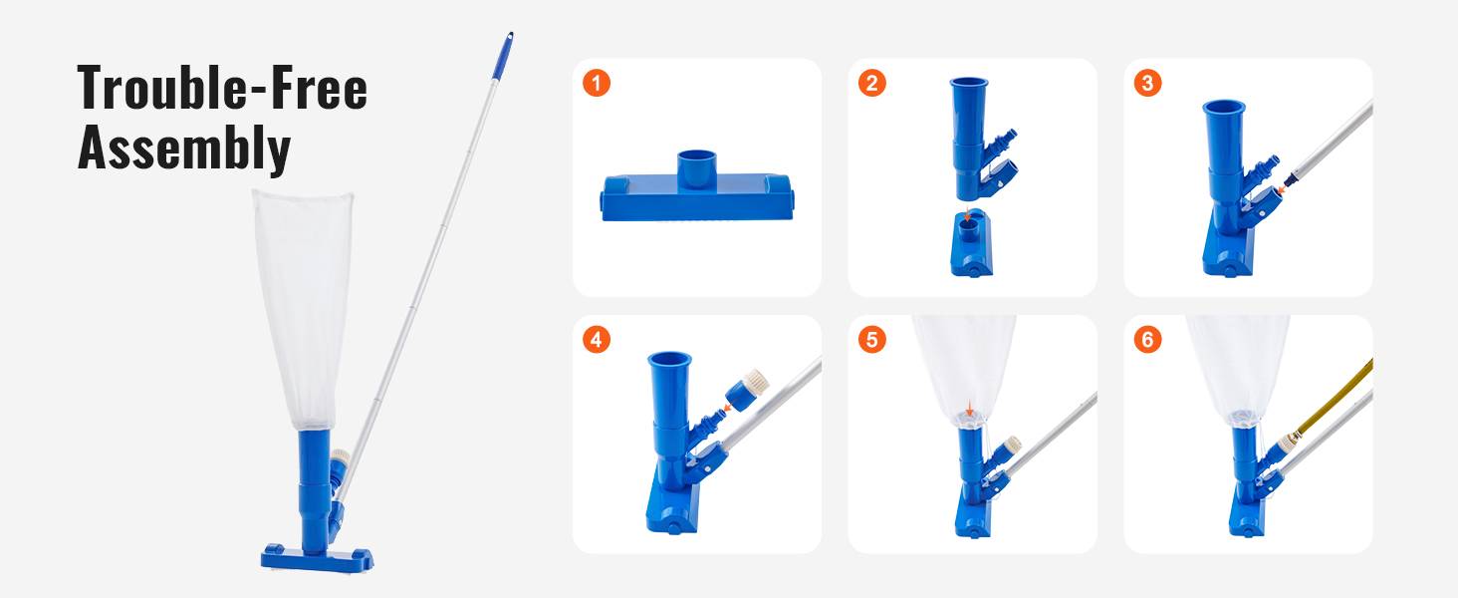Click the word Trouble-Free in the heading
pos(222,88)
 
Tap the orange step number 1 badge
pos(596,83)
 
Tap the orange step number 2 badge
pos(871,83)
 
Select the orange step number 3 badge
pos(1147,83)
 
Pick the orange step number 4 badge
pos(596,340)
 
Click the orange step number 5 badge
pos(871,340)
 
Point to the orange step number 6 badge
pos(1147,340)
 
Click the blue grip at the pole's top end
pos(507,41)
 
